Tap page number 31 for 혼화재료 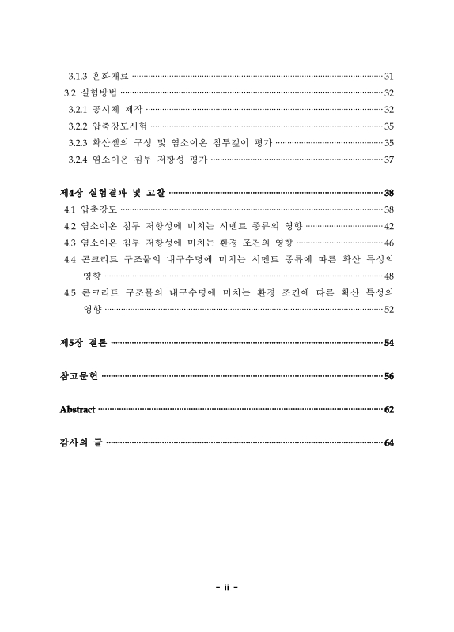388,76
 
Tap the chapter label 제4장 72,193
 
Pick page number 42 388,226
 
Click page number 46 388,243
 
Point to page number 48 388,276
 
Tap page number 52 388,310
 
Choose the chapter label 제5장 72,343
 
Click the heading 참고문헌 78,377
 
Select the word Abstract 78,410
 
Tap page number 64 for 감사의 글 388,443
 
